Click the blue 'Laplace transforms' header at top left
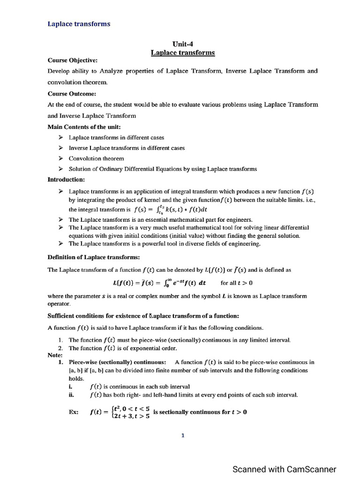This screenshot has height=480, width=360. pyautogui.click(x=79, y=24)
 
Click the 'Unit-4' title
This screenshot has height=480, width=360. pyautogui.click(x=183, y=44)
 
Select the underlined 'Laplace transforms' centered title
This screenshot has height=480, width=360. pyautogui.click(x=183, y=52)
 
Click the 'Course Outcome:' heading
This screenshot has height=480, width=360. pyautogui.click(x=72, y=93)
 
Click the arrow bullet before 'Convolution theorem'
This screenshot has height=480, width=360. pyautogui.click(x=61, y=158)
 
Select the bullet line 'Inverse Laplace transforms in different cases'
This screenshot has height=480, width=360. pyautogui.click(x=127, y=148)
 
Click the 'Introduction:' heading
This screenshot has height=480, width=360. pyautogui.click(x=66, y=180)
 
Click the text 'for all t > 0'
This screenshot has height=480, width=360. pyautogui.click(x=236, y=283)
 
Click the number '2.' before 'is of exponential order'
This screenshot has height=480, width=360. pyautogui.click(x=60, y=348)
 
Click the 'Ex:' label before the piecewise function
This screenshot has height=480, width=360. pyautogui.click(x=74, y=412)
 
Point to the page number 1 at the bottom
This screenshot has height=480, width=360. pyautogui.click(x=183, y=435)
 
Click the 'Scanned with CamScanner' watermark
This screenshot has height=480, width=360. pyautogui.click(x=285, y=469)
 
